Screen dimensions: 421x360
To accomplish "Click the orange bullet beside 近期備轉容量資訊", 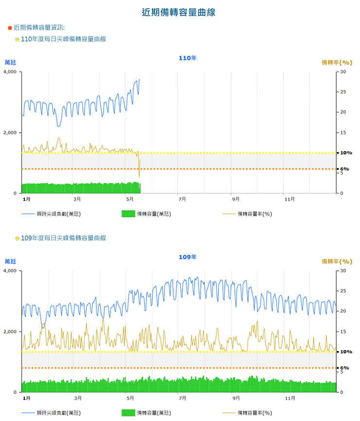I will click(x=10, y=28).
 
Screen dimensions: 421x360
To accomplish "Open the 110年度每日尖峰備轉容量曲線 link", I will click(x=64, y=39).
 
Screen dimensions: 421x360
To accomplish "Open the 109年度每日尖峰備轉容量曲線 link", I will click(x=64, y=238).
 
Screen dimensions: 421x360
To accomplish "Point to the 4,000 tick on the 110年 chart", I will click(x=10, y=72).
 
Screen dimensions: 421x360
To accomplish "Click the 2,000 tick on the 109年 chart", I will click(x=10, y=332).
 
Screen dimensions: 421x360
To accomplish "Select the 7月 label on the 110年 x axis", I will click(x=182, y=199).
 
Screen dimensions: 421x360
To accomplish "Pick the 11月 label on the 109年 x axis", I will click(x=290, y=398).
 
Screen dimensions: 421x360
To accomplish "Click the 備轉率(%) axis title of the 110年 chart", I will click(x=337, y=62).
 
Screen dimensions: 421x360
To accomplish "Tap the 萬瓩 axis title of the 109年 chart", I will click(x=10, y=261).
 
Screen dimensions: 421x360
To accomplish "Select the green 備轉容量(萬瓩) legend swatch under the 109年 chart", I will click(x=127, y=413).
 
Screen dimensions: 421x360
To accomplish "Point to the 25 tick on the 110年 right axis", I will click(x=343, y=92).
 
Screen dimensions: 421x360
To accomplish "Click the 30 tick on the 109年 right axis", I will click(x=343, y=271).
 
